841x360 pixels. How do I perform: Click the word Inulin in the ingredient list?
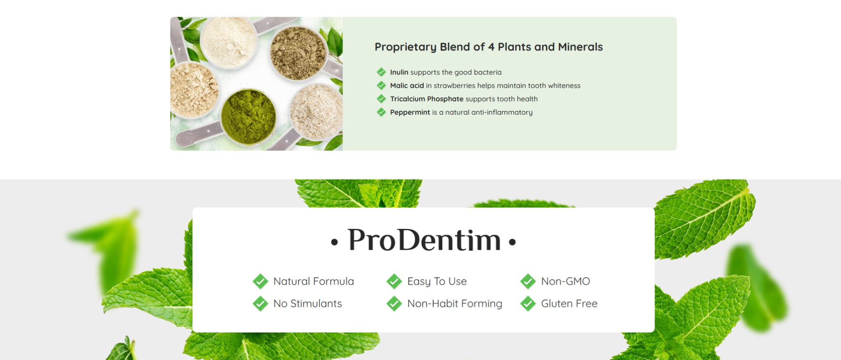point(399,72)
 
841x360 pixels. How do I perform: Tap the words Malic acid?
point(407,85)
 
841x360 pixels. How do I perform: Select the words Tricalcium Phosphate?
point(427,99)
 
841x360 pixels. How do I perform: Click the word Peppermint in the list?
point(410,112)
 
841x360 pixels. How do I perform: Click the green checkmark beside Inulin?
point(381,72)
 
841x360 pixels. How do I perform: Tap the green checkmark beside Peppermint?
point(381,112)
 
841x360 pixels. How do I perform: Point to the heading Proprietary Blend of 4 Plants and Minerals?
point(489,47)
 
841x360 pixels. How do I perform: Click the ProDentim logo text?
point(424,240)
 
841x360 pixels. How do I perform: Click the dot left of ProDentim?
point(335,242)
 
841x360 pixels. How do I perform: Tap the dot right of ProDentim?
point(513,242)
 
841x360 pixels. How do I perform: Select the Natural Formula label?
point(313,281)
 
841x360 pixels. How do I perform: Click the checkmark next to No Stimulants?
point(260,303)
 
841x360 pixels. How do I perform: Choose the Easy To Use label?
point(437,282)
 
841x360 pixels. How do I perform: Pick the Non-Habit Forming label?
point(455,304)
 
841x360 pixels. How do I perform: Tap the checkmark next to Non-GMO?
point(528,281)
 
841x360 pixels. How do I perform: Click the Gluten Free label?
point(569,303)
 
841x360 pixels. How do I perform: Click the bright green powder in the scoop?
point(248,116)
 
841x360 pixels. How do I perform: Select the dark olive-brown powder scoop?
point(298,53)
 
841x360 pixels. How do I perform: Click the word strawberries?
point(455,85)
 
